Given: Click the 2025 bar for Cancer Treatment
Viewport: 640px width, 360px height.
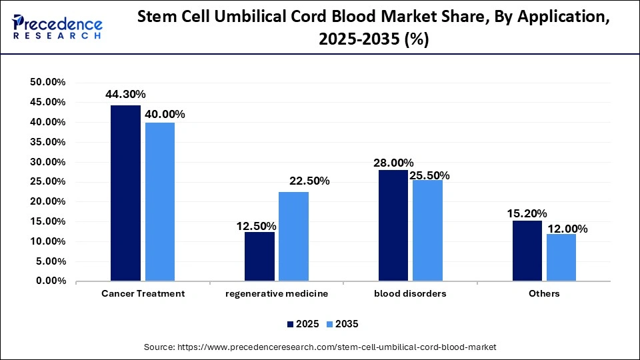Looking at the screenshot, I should coord(126,193).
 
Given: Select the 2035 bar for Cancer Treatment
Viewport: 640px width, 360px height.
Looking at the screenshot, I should coord(160,202).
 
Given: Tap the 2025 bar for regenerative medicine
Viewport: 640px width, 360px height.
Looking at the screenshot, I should coord(259,257).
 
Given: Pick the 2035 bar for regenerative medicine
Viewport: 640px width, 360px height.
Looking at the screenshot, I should coord(293,237).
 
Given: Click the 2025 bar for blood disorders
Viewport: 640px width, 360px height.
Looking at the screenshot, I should coord(393,226).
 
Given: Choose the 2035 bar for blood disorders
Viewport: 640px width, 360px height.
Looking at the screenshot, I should coord(427,231).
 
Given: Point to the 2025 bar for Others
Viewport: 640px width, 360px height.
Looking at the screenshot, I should coord(527,251).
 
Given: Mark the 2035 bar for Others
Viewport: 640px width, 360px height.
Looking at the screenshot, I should coord(561,257).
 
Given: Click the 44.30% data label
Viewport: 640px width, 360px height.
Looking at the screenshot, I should coord(125,95).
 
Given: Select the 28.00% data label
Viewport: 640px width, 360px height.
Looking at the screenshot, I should coord(393,163).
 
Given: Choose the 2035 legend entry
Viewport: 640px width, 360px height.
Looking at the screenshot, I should coord(343,324).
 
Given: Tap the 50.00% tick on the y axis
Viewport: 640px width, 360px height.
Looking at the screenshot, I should coord(47,82).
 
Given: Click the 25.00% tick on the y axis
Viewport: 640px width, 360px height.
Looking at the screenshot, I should coord(47,182).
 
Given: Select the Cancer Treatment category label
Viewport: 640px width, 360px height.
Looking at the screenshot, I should coord(143,293).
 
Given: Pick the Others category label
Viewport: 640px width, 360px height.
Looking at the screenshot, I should coord(545,293).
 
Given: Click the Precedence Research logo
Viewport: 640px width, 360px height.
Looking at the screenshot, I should coord(57,27).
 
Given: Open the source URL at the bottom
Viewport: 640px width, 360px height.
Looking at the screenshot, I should coord(320,347).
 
